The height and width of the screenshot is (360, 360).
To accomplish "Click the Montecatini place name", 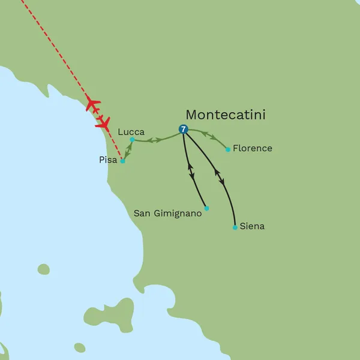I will (x=226, y=115).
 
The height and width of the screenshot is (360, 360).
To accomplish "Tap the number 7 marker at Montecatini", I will (x=184, y=129).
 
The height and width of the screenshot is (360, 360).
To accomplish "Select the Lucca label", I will (x=131, y=131).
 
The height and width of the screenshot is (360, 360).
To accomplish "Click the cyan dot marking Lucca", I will (x=133, y=140).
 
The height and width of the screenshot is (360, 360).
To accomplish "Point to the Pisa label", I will (x=109, y=160).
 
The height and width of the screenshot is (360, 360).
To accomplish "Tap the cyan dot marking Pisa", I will (x=122, y=161).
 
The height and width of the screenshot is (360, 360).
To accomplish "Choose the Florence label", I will (x=253, y=148).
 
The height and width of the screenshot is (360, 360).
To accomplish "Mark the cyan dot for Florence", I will (x=228, y=149).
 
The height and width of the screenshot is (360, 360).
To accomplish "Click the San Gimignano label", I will (x=167, y=212).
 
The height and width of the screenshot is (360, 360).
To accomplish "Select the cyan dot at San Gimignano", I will (x=206, y=208).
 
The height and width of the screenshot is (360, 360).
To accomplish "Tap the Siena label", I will (x=252, y=227).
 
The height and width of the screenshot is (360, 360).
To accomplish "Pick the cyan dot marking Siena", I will (x=235, y=227).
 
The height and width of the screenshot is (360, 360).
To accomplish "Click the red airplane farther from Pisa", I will (x=92, y=103).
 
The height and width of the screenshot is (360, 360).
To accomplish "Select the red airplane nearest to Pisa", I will (x=103, y=124).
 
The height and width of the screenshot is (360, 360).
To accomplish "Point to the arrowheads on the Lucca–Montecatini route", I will (x=155, y=140).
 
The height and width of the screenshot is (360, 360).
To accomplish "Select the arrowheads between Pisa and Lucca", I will (x=127, y=150).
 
